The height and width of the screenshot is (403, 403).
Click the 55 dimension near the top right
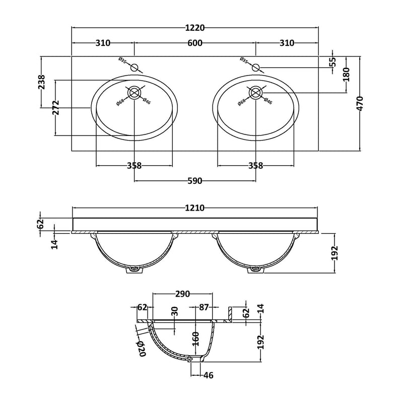(x=332, y=62)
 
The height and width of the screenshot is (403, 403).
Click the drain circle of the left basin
(x=134, y=93)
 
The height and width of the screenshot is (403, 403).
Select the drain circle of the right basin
(x=255, y=93)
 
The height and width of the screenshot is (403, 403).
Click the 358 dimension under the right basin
(x=255, y=166)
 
